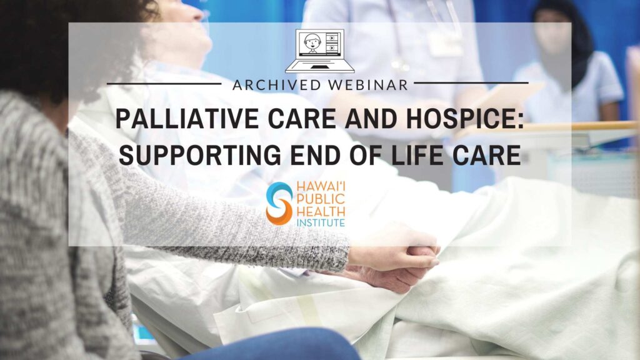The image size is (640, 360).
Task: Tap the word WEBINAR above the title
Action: coord(368,85)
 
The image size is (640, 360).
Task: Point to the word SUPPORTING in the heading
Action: coord(199,155)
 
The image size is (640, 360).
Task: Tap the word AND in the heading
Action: coord(371,119)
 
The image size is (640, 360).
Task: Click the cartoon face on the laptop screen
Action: coord(312,42)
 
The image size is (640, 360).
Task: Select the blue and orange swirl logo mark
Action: coord(279,203)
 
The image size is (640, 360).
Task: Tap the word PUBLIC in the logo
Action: coord(321,199)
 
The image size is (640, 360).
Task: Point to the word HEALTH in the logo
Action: coord(321,211)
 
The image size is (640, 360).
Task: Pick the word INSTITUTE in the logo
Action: coord(321,223)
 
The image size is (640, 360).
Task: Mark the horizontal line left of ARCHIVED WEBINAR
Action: coord(164,84)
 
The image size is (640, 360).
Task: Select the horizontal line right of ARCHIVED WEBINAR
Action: coord(471,83)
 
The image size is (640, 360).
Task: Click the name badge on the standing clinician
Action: coord(445,44)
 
